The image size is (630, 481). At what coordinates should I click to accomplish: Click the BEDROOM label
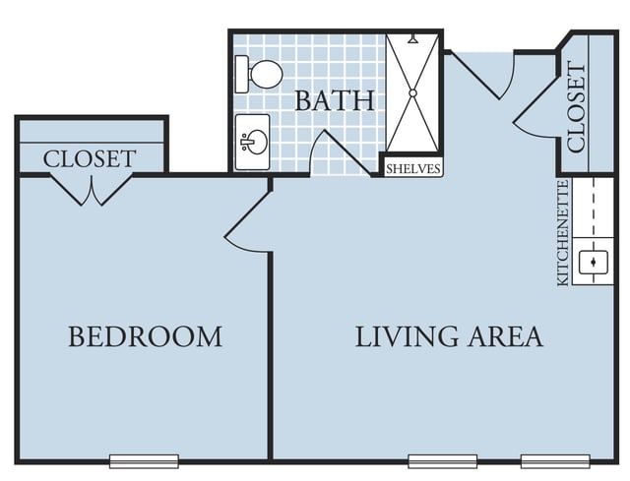(x=145, y=336)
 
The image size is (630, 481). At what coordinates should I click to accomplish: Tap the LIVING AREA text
(x=449, y=336)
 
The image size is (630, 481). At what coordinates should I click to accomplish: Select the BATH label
(x=335, y=100)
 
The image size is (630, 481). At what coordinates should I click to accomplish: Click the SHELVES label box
(x=413, y=169)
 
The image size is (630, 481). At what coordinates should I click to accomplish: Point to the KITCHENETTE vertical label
(x=563, y=233)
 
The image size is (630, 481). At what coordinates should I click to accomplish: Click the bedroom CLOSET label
(x=90, y=159)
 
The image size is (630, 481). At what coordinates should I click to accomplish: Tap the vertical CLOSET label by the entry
(x=577, y=107)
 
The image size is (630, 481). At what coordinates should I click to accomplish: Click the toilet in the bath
(x=259, y=75)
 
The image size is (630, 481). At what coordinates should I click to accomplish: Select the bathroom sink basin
(x=254, y=142)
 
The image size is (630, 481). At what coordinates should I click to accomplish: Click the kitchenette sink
(x=593, y=263)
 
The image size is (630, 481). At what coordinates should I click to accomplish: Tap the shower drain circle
(x=412, y=93)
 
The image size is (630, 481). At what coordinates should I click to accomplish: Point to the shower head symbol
(x=413, y=39)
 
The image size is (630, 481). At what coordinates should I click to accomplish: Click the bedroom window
(x=144, y=461)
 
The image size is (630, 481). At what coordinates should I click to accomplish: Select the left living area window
(x=442, y=461)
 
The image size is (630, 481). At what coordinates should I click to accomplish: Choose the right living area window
(x=555, y=461)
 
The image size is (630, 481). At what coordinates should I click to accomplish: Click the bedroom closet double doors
(x=92, y=190)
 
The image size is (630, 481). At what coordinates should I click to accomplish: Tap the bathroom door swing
(x=341, y=152)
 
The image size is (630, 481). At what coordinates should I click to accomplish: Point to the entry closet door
(x=535, y=105)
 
